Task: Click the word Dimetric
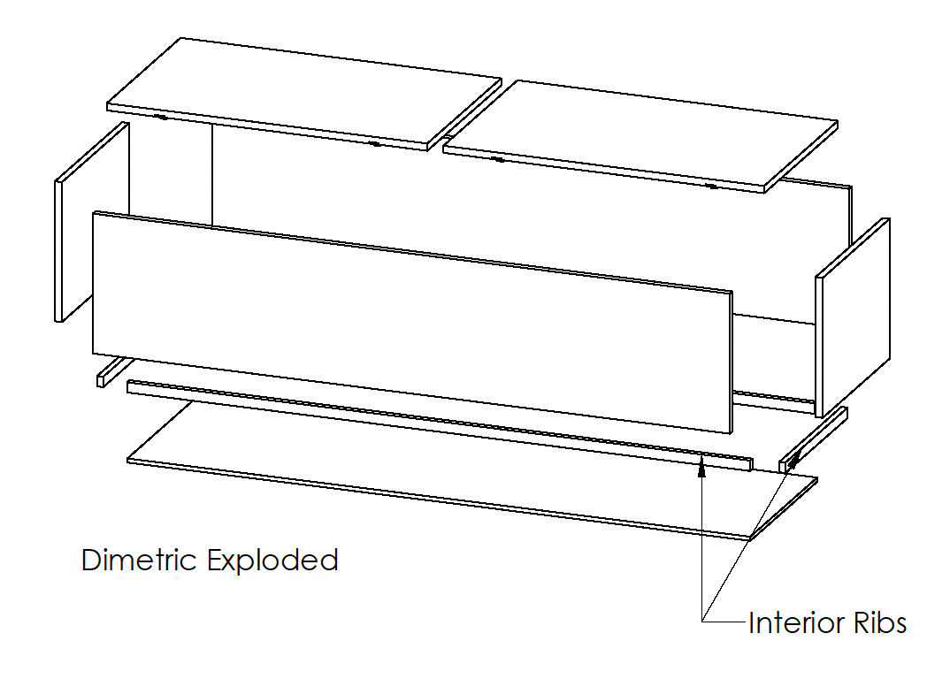coord(138,561)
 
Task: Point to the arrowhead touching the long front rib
coord(701,465)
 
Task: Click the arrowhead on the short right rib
coord(793,458)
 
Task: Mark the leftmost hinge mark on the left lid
coord(160,117)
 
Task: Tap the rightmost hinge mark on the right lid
coord(713,187)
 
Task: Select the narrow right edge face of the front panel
coord(731,362)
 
